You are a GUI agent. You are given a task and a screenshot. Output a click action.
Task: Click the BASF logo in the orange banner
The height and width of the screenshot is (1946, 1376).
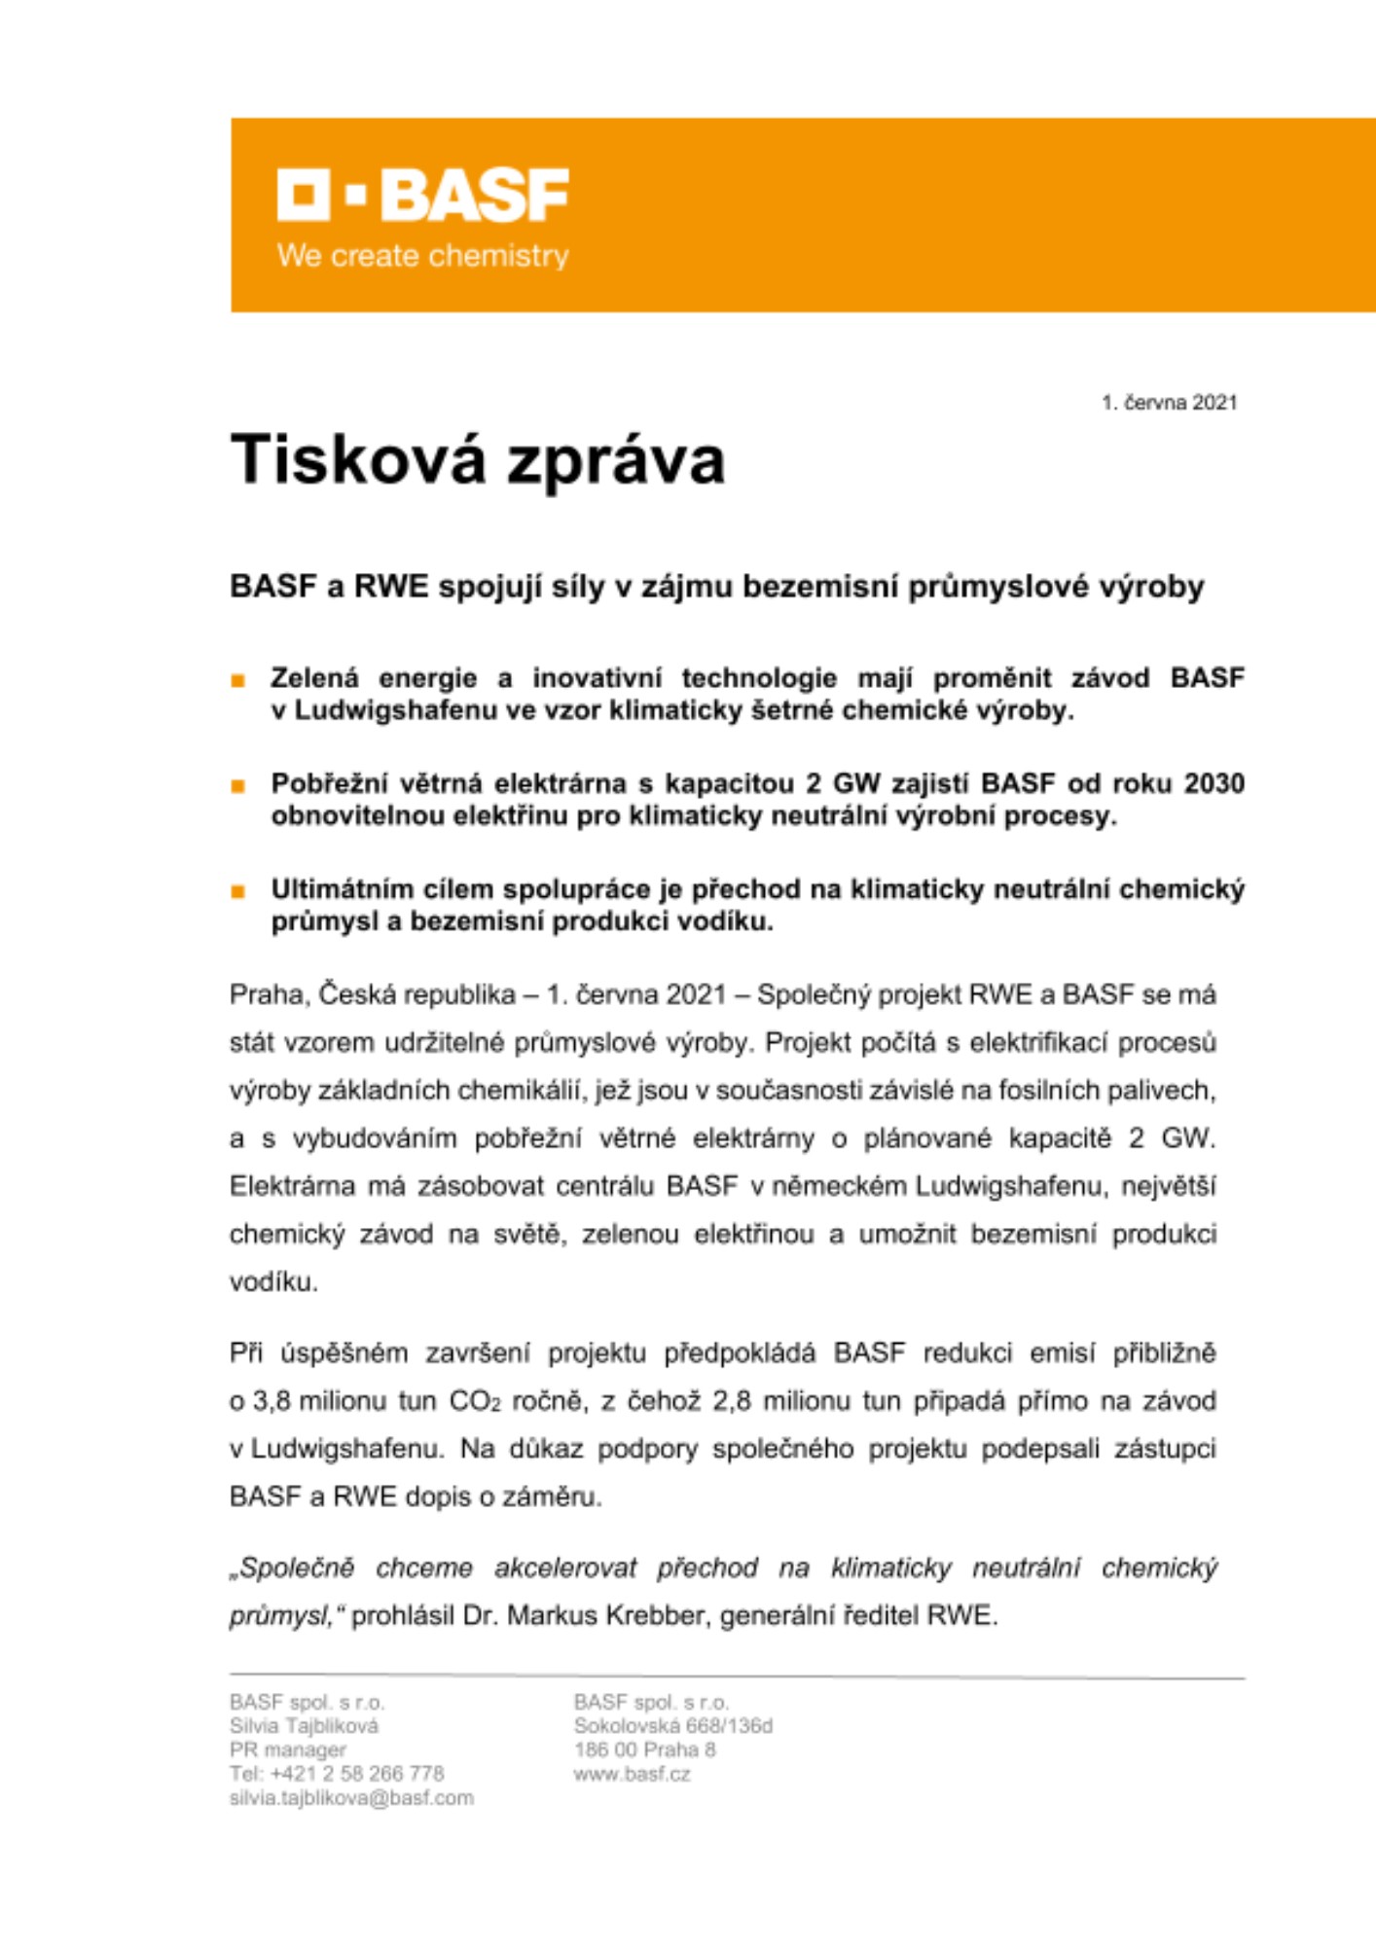[422, 195]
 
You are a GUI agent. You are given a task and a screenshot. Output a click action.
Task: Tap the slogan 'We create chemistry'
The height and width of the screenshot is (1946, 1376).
[422, 256]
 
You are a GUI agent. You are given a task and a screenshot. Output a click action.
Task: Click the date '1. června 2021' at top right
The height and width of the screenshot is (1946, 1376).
[1169, 403]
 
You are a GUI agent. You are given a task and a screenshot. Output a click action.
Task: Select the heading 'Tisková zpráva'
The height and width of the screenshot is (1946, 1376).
[477, 459]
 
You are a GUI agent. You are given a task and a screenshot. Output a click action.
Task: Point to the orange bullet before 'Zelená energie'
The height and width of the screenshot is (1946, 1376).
[238, 681]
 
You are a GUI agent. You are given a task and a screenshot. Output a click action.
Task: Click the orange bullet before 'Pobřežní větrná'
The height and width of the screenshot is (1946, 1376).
[238, 786]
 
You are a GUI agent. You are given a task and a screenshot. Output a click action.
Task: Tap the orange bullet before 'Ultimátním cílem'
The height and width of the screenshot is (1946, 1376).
[238, 891]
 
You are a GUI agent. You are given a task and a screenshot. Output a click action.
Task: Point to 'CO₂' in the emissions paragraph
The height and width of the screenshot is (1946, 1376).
[474, 1402]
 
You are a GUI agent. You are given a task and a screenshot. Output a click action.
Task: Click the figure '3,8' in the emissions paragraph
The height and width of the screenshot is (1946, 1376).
[273, 1402]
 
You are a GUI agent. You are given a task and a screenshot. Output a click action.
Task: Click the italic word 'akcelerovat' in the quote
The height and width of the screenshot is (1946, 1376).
[564, 1568]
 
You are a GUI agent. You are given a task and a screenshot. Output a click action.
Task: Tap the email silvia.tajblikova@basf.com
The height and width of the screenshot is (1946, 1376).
[351, 1798]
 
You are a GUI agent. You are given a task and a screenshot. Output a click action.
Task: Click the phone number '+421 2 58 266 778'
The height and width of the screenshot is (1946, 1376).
[356, 1774]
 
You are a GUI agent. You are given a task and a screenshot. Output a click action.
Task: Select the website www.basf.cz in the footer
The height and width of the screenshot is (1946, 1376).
[632, 1774]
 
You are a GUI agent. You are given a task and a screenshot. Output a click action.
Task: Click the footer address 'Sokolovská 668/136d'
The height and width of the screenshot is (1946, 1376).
[672, 1726]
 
